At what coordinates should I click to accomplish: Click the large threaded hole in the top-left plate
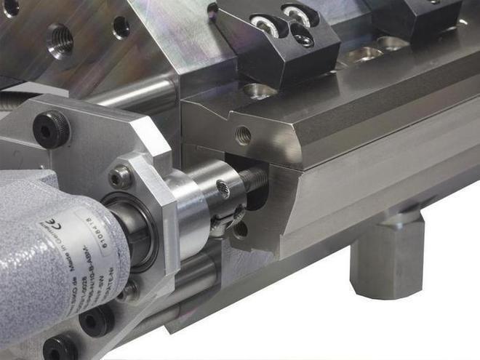pyautogui.click(x=60, y=41)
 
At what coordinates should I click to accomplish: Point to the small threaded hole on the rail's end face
pyautogui.click(x=243, y=135)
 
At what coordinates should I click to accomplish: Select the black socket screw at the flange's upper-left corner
pyautogui.click(x=51, y=129)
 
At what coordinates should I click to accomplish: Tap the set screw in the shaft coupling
pyautogui.click(x=224, y=190)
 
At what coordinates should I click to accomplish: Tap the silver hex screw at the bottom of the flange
pyautogui.click(x=129, y=291)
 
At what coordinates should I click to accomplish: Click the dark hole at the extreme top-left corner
pyautogui.click(x=10, y=7)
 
